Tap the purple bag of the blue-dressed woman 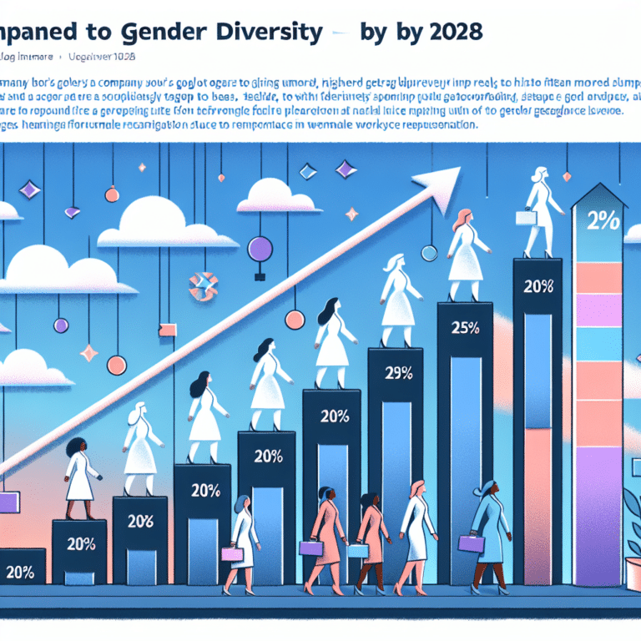[x=470, y=544]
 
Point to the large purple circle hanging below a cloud [x=261, y=248]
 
